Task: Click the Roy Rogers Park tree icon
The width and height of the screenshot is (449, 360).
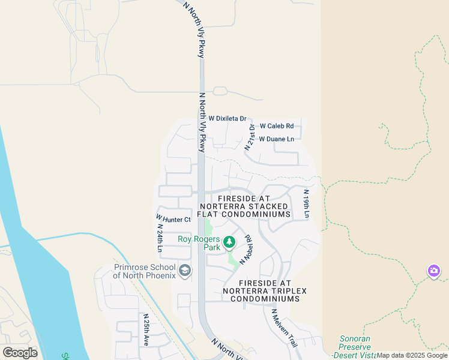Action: point(229,242)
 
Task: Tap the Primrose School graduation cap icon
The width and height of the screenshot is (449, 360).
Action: point(185,271)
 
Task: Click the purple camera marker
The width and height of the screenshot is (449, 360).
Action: point(433,271)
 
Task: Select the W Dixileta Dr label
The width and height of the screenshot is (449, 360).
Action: point(228,119)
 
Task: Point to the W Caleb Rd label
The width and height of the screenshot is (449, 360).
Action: point(276,126)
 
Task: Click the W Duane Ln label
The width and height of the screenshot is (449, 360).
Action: point(276,139)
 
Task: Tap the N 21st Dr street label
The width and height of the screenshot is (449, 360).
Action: point(250,137)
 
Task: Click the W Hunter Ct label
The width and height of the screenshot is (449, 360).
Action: point(173,219)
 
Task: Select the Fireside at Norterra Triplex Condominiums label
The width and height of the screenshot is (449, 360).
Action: point(264,290)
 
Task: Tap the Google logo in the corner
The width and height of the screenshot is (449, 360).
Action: point(20,353)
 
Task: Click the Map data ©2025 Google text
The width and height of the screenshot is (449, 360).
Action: point(412,355)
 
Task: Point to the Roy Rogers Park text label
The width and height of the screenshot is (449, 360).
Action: point(199,242)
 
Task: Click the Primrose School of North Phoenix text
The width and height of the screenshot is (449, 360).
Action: point(145,271)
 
